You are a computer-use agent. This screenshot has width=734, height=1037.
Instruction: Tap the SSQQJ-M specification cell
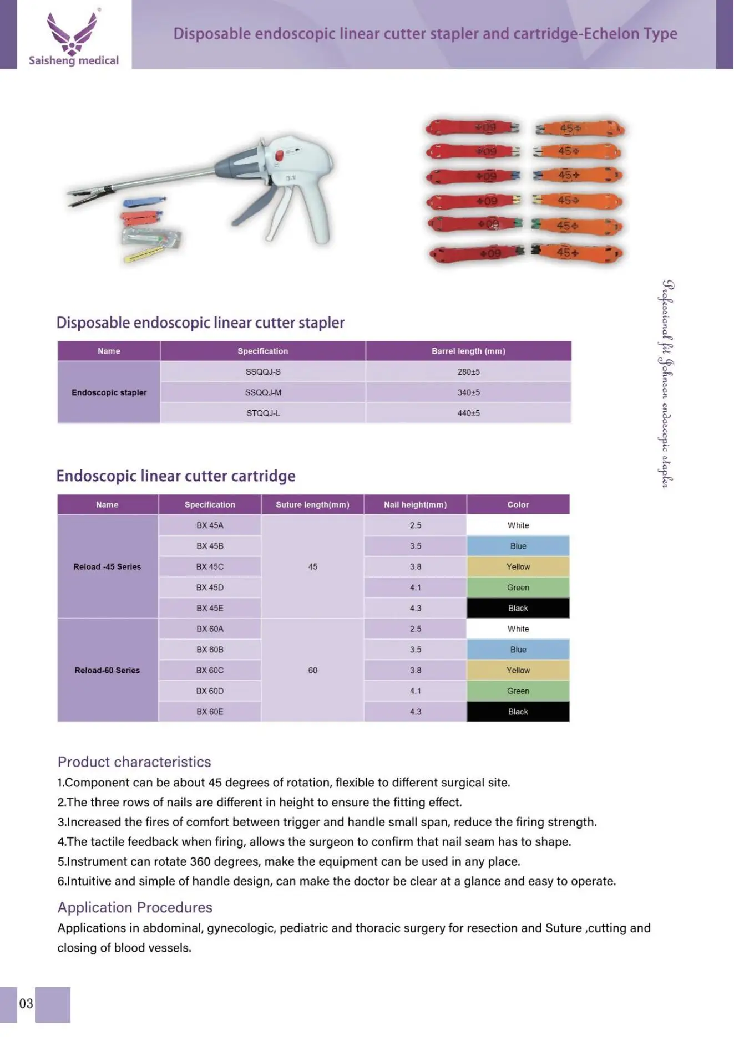(x=263, y=392)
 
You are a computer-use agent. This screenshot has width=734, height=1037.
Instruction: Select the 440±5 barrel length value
(x=468, y=413)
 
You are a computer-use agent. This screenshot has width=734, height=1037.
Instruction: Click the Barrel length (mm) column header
(x=468, y=351)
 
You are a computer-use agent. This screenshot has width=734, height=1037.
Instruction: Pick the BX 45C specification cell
(x=210, y=567)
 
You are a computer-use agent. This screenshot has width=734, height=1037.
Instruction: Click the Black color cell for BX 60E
(x=518, y=712)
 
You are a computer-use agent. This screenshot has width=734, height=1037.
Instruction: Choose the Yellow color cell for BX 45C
(x=518, y=567)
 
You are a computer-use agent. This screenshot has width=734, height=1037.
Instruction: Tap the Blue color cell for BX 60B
(x=518, y=650)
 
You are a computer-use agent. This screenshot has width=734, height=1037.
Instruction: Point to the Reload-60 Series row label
(x=107, y=671)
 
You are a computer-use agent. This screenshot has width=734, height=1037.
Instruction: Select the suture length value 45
(x=312, y=567)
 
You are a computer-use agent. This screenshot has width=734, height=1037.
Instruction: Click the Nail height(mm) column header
(x=415, y=505)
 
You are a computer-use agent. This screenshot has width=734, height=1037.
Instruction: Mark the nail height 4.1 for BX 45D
(x=415, y=588)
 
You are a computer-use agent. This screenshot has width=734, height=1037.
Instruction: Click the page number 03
(x=26, y=1004)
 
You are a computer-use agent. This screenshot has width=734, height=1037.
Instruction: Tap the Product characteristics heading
(x=134, y=762)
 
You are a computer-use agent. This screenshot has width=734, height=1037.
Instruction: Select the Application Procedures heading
(x=135, y=907)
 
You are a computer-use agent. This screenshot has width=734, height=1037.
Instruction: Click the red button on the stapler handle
(x=280, y=155)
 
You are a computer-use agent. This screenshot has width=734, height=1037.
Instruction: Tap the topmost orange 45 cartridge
(x=580, y=129)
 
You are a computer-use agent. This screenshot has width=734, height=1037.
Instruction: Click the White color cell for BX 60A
(x=518, y=629)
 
